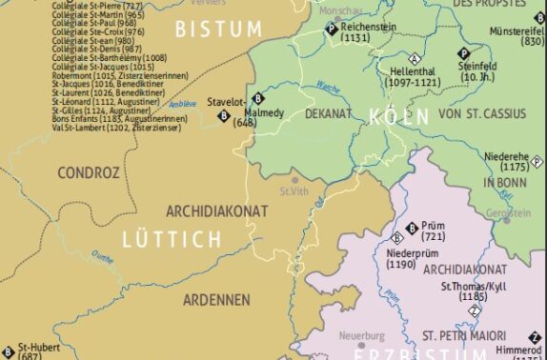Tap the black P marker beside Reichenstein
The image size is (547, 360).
[332, 30]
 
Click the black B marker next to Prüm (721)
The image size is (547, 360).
[412, 228]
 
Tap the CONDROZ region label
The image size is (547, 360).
[89, 173]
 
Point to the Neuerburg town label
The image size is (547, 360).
[362, 335]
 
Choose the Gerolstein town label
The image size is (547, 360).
[509, 212]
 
